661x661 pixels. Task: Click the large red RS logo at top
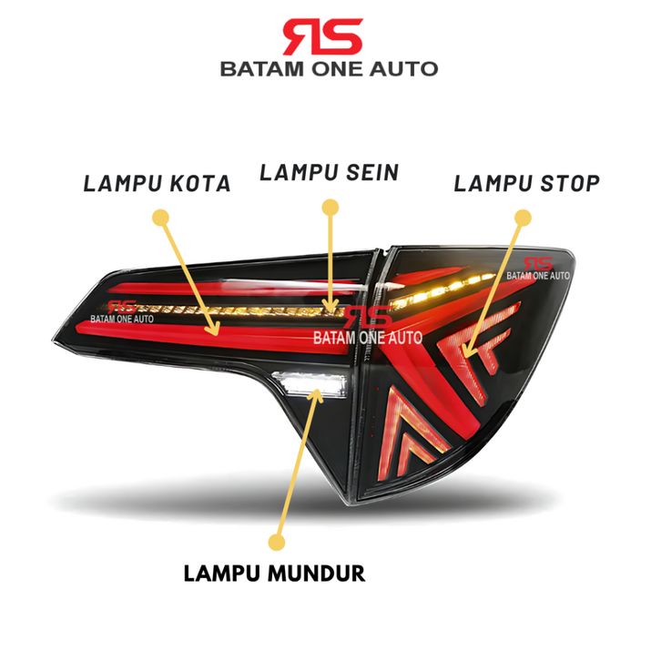(x=323, y=36)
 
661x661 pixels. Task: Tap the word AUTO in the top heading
(x=404, y=69)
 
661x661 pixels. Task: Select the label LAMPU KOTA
(x=157, y=183)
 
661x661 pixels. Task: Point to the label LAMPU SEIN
(x=330, y=172)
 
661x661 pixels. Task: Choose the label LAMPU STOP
(x=527, y=183)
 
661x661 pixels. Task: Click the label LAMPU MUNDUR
(x=274, y=574)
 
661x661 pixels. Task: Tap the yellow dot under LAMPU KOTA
(x=160, y=218)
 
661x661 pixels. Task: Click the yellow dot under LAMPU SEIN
(x=330, y=208)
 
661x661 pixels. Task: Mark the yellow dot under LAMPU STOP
(x=524, y=218)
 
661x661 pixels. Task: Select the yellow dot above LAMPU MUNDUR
(x=277, y=542)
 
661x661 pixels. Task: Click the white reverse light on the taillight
(x=310, y=382)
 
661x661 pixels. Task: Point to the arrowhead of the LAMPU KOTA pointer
(x=216, y=330)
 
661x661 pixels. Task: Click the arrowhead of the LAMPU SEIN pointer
(x=330, y=306)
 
